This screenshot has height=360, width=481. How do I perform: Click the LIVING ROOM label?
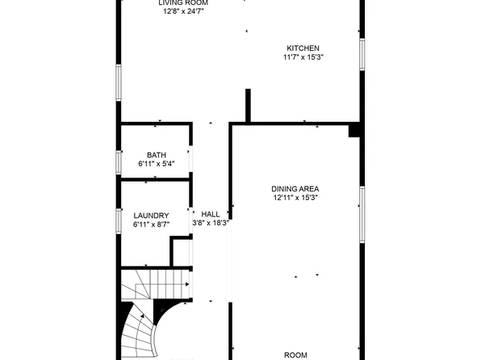tap(182, 2)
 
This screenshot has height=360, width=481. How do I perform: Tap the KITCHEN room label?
tap(303, 48)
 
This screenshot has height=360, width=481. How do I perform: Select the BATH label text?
tap(156, 155)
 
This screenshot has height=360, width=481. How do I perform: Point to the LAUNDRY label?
tap(151, 216)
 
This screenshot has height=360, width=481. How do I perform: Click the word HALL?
tap(211, 215)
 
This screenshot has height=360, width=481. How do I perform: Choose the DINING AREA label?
tap(295, 189)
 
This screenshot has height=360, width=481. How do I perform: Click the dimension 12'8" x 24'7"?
tap(183, 11)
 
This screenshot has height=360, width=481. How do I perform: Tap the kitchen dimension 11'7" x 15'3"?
tap(303, 57)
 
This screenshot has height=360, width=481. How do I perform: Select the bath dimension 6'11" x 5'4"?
tap(157, 164)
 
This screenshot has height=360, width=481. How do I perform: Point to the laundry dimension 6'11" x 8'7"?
tap(151, 224)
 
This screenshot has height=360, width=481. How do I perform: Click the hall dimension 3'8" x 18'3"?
tap(211, 224)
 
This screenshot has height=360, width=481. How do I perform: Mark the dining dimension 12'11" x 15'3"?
tap(295, 198)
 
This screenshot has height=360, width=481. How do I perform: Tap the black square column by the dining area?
tap(353, 130)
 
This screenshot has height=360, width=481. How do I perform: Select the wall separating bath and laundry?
tap(155, 180)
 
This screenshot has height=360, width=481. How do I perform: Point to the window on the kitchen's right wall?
tap(362, 56)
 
